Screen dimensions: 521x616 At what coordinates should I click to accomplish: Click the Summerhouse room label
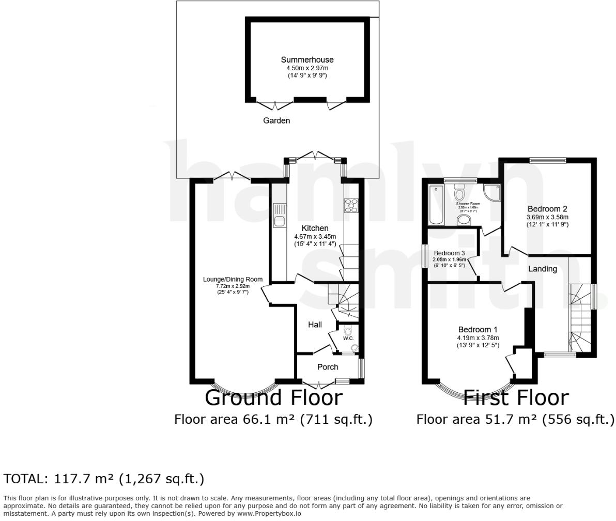307,60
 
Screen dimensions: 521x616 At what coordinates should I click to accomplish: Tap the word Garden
276,120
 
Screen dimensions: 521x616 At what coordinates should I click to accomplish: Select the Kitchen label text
315,228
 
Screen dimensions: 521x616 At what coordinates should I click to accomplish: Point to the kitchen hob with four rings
351,205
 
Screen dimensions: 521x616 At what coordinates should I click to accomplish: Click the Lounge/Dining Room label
233,279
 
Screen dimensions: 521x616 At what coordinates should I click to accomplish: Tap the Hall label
315,325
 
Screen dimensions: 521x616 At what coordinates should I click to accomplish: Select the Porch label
327,367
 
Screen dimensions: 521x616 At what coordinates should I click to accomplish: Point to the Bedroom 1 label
478,330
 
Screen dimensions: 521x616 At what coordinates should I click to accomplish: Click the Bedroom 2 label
547,209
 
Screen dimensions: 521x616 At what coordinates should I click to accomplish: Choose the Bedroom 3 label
449,253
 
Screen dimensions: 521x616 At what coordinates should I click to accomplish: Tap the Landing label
542,269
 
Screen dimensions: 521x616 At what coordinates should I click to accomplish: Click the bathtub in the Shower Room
435,205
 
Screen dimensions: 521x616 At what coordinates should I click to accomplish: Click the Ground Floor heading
273,398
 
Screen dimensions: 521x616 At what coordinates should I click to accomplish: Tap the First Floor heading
515,398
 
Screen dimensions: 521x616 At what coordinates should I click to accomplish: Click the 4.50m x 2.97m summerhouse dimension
307,68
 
